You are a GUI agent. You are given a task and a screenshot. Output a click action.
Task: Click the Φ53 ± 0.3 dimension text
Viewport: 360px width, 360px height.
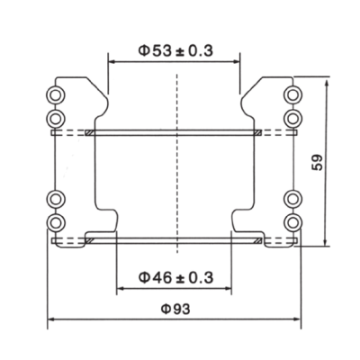[x=175, y=51]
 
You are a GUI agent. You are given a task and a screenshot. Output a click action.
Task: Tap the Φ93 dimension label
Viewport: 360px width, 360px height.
[x=175, y=308]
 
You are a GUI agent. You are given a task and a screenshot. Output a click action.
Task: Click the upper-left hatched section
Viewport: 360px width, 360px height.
[x=90, y=133]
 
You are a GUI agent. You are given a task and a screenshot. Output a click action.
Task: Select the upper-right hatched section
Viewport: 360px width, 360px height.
[x=258, y=133]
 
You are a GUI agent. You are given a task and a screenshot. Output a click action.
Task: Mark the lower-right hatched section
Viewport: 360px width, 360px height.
[x=258, y=241]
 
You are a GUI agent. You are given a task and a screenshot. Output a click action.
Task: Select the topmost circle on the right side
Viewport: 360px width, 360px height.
[x=292, y=94]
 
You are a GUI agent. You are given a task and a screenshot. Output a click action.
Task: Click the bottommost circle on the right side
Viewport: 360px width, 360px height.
[x=292, y=221]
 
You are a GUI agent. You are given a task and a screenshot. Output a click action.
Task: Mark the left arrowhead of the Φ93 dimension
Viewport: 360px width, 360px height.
[x=51, y=319]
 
